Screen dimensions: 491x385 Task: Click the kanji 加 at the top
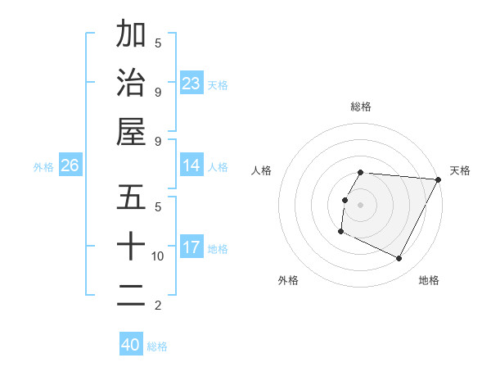[x=131, y=35]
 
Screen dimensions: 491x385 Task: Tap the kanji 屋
[x=131, y=131]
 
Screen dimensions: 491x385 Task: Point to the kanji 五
[x=131, y=197]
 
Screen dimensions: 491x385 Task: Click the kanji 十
[x=131, y=246]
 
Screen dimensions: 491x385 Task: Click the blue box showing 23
[x=191, y=84]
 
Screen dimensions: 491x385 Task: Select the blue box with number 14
[x=191, y=166]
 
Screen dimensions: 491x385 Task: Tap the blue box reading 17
[x=191, y=248]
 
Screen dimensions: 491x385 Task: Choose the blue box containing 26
[x=70, y=166]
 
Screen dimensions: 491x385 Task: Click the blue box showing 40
[x=130, y=345]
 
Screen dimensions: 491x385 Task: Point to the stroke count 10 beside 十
[x=158, y=256]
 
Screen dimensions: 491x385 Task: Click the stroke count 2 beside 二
[x=157, y=306]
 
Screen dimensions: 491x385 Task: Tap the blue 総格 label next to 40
[x=157, y=346]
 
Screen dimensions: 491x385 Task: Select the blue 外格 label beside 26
[x=43, y=167]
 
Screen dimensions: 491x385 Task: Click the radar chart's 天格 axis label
[x=460, y=170]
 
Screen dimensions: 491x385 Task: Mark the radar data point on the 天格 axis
[x=439, y=179]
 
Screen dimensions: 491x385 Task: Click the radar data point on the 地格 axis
[x=399, y=258]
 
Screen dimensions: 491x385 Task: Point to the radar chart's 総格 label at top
[x=360, y=106]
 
